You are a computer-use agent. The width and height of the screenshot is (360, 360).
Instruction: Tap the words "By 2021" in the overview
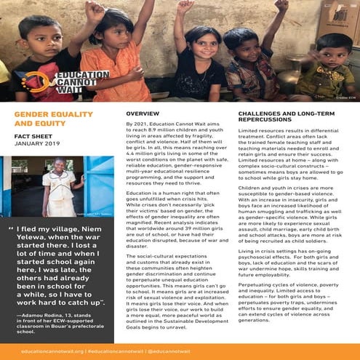coord(137,125)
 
